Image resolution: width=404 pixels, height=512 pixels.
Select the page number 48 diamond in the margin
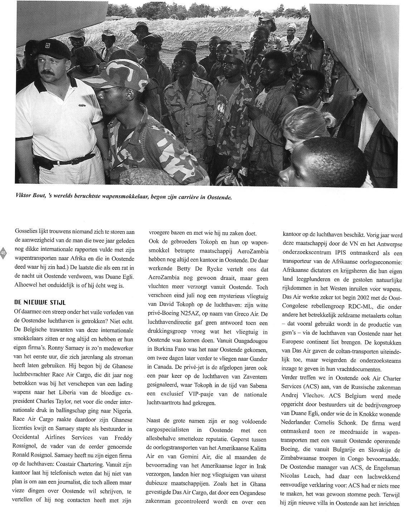point(4,253)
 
